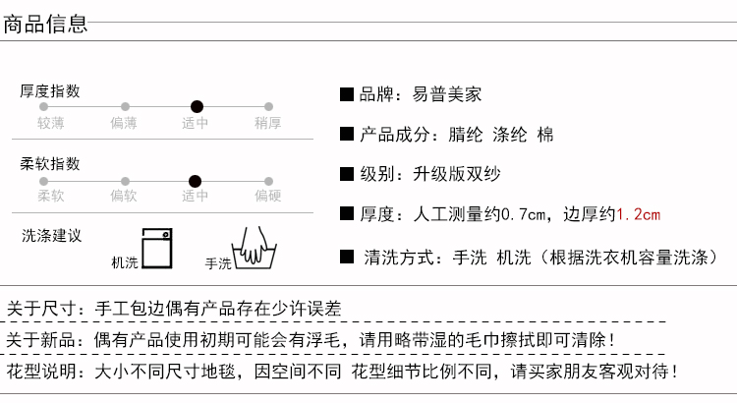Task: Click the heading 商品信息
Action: coord(45,24)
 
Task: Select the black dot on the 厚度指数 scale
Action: coord(197,107)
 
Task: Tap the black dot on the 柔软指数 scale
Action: coord(196,181)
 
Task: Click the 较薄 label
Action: coord(51,123)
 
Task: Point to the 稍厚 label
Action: coord(268,123)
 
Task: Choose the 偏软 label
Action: coord(124,196)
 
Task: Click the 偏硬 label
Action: coord(268,196)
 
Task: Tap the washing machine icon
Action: coord(157,249)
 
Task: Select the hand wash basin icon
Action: coord(254,249)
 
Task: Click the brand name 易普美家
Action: coord(447,94)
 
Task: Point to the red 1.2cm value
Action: coord(639,214)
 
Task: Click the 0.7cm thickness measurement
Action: coord(523,214)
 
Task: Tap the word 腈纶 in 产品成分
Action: coord(466,135)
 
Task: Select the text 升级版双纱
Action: coord(456,174)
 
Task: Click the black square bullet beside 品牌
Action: coord(347,94)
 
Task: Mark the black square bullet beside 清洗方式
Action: coord(347,257)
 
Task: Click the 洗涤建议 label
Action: coord(51,235)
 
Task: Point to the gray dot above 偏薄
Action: coord(125,107)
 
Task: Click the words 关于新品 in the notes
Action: coord(41,339)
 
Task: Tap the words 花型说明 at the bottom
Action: coord(41,372)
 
